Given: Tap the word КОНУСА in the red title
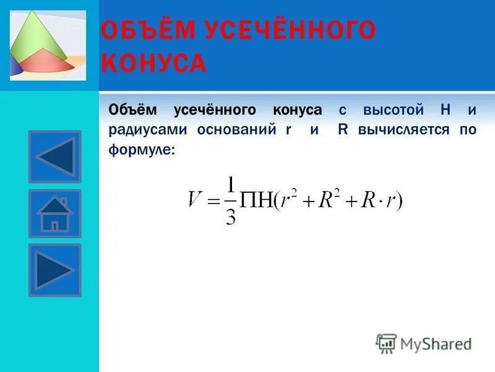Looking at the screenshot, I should pos(153,63).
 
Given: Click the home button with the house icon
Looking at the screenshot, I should pos(54,214).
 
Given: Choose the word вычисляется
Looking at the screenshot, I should pos(405,130).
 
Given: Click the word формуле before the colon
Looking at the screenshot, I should pos(140,149).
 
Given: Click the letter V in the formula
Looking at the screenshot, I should pos(196,200).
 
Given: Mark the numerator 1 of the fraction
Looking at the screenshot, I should pos(231,185).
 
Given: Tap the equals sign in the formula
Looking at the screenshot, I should pos(213,200).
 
